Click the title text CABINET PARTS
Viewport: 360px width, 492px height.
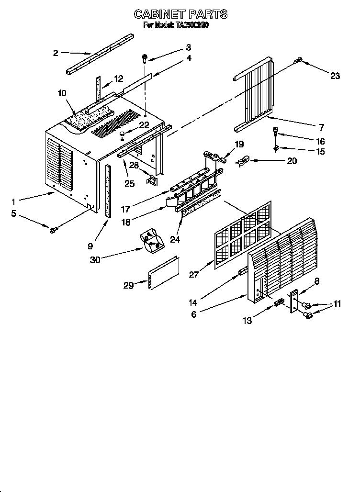(x=180, y=14)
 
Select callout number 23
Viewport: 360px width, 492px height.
(x=335, y=75)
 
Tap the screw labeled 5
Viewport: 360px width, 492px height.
(x=52, y=231)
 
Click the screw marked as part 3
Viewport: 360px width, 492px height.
(x=144, y=58)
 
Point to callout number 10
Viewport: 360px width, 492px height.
(x=62, y=93)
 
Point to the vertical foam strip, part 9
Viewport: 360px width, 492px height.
(x=108, y=190)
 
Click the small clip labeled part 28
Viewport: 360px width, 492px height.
(x=152, y=179)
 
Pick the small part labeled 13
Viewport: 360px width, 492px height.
(x=278, y=302)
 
